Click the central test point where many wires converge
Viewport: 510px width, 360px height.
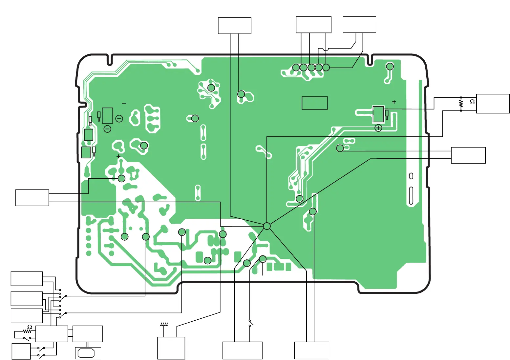point(267,226)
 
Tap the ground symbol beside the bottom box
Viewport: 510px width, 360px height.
point(164,324)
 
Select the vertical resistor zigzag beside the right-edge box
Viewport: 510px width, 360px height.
point(461,104)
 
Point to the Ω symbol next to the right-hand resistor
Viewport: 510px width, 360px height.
point(472,102)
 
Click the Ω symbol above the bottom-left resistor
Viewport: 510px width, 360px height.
point(30,327)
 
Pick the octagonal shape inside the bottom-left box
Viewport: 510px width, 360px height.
point(86,353)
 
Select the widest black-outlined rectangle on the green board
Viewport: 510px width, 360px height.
point(314,103)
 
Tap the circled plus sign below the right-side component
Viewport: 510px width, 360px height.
point(378,128)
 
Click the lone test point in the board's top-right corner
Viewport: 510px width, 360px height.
point(390,67)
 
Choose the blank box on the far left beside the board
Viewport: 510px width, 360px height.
point(32,198)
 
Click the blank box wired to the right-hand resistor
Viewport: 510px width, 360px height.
point(493,104)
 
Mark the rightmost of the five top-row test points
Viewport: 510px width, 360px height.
point(326,67)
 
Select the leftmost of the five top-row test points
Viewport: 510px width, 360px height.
point(296,67)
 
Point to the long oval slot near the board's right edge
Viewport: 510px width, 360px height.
point(411,196)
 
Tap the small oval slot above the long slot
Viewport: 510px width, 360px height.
point(411,176)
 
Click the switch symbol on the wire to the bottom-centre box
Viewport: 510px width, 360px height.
point(251,323)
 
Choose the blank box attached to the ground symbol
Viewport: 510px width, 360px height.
point(171,348)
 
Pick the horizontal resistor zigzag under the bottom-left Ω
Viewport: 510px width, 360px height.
point(28,331)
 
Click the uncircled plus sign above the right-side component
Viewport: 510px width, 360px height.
point(394,102)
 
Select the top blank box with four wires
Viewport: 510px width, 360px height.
point(313,25)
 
